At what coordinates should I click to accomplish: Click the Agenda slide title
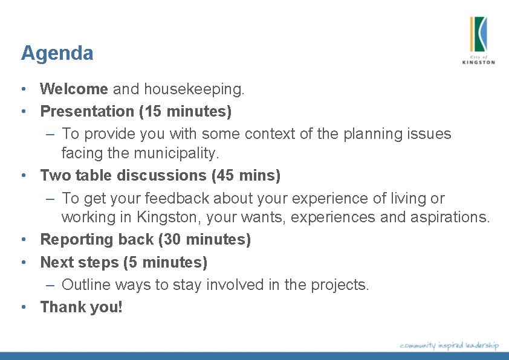pyautogui.click(x=57, y=54)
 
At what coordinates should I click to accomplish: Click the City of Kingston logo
pyautogui.click(x=478, y=40)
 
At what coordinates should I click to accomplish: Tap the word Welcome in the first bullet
pyautogui.click(x=74, y=89)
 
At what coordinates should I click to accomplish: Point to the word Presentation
pyautogui.click(x=87, y=111)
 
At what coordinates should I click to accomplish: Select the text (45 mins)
pyautogui.click(x=246, y=176)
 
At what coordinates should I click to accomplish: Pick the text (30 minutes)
pyautogui.click(x=204, y=240)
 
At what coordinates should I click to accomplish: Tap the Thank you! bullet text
pyautogui.click(x=81, y=307)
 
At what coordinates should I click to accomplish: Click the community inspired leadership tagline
pyautogui.click(x=449, y=346)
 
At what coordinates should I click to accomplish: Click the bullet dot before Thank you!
pyautogui.click(x=22, y=307)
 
